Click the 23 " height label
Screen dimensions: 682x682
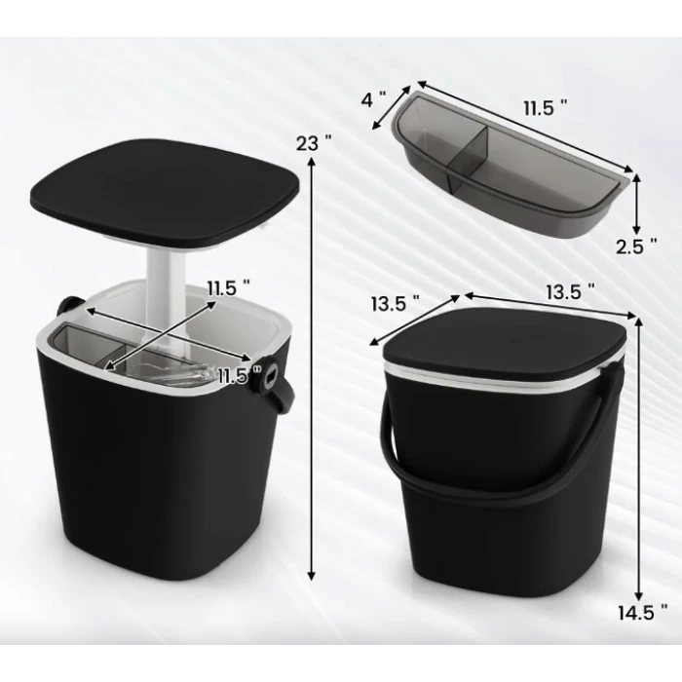(313, 142)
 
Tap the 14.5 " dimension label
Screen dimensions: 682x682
(642, 613)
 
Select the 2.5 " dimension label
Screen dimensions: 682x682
(636, 246)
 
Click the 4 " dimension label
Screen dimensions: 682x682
(373, 99)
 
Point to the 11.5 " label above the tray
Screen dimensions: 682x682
(545, 107)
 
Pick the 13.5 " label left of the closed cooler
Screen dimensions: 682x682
(395, 303)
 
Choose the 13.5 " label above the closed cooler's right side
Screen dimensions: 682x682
(570, 292)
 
